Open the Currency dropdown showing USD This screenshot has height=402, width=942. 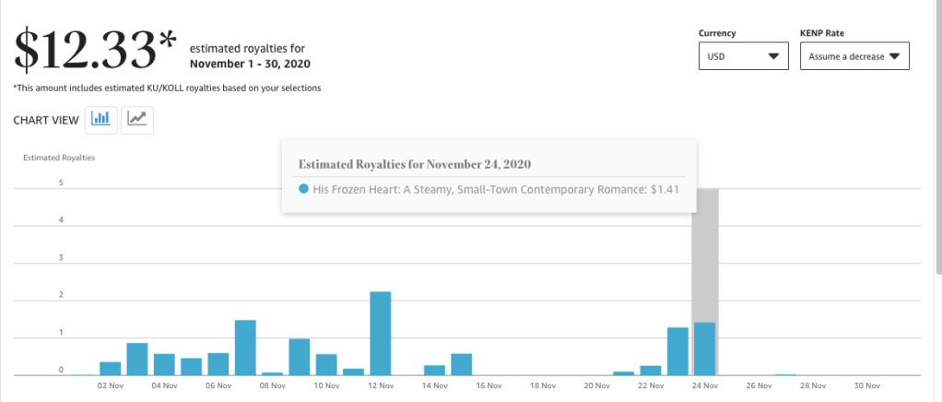click(743, 56)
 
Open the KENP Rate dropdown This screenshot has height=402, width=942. click(854, 56)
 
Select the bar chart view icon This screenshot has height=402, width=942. click(101, 119)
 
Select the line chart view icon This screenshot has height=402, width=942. click(137, 119)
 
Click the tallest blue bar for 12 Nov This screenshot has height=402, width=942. click(381, 333)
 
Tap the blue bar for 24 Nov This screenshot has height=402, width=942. click(704, 349)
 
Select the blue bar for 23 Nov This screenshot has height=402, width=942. click(677, 351)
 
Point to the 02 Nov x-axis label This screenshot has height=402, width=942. click(110, 386)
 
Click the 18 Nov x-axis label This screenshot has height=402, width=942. click(543, 386)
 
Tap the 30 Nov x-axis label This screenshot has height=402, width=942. click(866, 386)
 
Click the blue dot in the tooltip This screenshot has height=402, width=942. click(303, 189)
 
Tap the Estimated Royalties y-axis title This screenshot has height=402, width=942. click(59, 158)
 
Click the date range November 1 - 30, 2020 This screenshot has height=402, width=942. click(250, 64)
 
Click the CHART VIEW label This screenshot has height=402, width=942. click(45, 120)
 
